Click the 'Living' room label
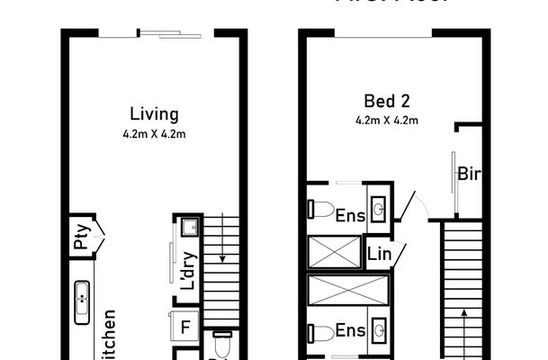point(154,114)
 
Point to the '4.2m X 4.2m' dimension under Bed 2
point(388,118)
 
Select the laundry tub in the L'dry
point(190,228)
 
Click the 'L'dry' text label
point(188,270)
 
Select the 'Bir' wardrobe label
point(468,174)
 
